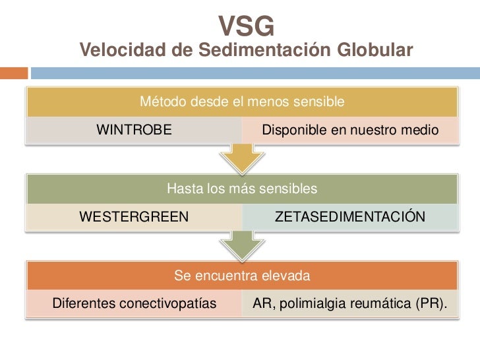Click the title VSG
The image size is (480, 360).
246,26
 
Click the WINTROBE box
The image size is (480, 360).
135,131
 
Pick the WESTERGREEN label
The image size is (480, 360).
134,216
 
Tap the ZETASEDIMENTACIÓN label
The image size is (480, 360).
349,216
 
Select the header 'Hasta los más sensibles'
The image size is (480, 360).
242,189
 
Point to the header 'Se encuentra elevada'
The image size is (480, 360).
242,274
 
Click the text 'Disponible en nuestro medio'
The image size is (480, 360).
349,131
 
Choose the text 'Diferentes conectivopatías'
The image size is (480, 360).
134,304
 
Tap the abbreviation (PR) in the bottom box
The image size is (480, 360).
431,304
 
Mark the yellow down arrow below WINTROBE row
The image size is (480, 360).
242,157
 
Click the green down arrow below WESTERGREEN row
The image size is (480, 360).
242,244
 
